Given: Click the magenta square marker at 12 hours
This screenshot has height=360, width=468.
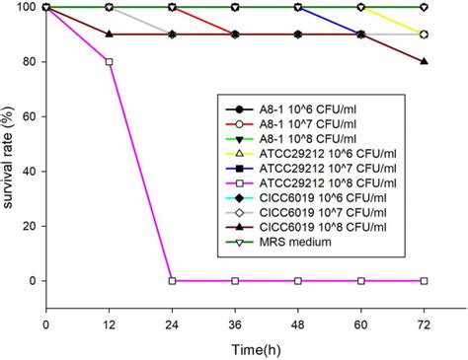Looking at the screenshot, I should click(x=109, y=62).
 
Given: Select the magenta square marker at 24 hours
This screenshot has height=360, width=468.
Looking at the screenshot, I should click(x=172, y=281).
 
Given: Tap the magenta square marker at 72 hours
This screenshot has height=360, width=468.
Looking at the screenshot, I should click(x=424, y=281).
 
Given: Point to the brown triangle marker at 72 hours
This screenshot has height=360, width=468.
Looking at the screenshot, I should click(x=424, y=62).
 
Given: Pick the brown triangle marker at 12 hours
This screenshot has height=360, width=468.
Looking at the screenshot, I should click(x=109, y=35).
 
